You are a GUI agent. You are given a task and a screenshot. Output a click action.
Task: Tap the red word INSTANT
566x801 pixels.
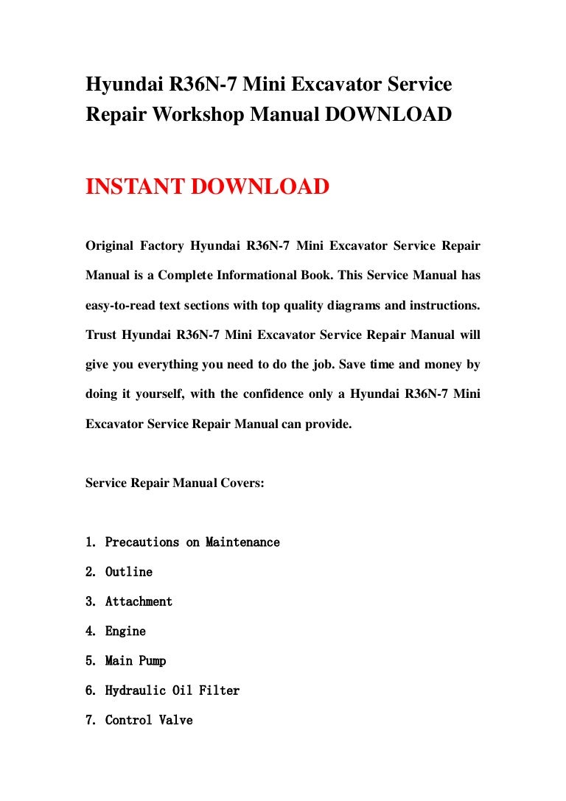[x=136, y=186]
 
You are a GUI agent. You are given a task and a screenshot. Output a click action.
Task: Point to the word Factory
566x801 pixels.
[x=164, y=245]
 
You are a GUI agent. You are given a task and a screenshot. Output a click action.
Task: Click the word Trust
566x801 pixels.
[x=100, y=335]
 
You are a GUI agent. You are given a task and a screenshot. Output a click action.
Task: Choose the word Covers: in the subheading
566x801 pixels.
[x=239, y=483]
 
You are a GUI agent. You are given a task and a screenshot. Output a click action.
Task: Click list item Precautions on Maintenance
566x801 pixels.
[x=192, y=542]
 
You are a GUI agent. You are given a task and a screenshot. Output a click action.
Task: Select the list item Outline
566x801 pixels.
[x=128, y=572]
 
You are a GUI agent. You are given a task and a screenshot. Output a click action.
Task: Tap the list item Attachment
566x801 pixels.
[x=139, y=601]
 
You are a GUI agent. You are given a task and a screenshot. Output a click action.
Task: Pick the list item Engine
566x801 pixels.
[x=125, y=632]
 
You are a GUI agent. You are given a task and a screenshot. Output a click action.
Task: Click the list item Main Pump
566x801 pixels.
[x=135, y=661]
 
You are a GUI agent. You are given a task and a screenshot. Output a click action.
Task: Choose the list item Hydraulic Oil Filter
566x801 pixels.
[x=172, y=690]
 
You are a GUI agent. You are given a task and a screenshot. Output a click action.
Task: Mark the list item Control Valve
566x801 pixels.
[x=148, y=720]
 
